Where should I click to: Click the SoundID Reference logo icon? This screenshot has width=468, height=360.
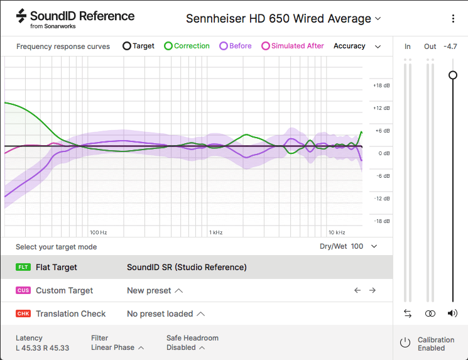21,16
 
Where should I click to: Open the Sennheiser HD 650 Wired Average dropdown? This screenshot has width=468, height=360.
283,19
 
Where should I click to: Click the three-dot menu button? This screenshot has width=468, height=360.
453,19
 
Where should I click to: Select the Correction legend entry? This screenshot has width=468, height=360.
187,46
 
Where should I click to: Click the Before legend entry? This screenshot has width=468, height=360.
236,46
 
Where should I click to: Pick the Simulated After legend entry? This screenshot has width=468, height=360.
293,46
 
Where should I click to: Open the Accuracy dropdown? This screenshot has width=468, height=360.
357,46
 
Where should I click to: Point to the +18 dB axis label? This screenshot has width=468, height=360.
382,85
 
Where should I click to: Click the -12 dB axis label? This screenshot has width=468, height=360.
382,199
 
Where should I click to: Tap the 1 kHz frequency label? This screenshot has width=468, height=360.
216,232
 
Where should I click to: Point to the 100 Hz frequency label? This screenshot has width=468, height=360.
98,232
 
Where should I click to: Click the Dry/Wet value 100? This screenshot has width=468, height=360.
357,246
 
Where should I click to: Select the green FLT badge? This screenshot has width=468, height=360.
23,267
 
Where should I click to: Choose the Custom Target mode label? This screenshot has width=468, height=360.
64,290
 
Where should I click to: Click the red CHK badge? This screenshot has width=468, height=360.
23,314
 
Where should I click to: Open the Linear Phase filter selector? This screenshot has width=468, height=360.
117,347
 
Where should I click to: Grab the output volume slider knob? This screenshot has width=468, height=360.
452,75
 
